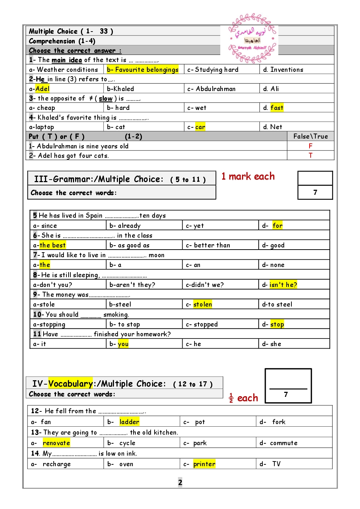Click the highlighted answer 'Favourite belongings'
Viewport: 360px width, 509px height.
point(143,69)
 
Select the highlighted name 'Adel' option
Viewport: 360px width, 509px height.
point(42,89)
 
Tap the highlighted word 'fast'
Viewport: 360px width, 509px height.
point(277,107)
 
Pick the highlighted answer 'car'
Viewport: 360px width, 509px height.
point(200,127)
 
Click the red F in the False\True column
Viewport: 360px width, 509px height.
point(310,146)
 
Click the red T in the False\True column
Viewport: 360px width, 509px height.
point(310,155)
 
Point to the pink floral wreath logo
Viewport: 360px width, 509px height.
point(252,38)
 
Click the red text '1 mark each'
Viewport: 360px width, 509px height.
point(248,176)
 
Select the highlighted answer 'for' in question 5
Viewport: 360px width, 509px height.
point(278,226)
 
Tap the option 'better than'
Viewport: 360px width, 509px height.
point(212,245)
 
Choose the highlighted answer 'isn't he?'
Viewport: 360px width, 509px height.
point(283,285)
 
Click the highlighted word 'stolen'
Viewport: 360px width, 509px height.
point(202,304)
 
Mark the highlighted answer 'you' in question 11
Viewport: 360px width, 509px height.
point(123,344)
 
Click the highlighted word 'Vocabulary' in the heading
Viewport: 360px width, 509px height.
point(71,383)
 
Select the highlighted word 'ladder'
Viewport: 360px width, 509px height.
point(129,422)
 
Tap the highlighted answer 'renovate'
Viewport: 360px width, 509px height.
point(56,443)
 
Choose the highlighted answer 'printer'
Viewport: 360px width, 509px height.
point(204,464)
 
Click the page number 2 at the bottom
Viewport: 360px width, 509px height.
point(180,482)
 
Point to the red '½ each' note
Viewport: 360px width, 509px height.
point(244,398)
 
